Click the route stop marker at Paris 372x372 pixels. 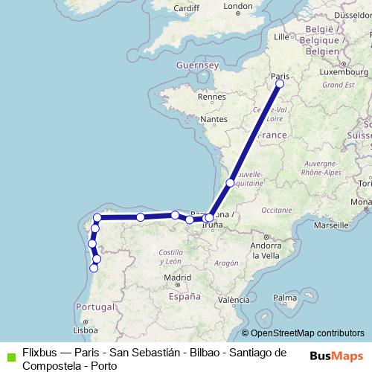pos(280,84)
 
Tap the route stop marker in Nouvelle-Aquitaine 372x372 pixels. pos(231,182)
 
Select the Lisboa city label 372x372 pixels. pos(86,330)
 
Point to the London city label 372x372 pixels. pos(238,7)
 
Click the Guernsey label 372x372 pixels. pos(196,65)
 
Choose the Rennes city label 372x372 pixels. pos(211,96)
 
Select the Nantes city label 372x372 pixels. pos(214,119)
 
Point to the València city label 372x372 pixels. pos(234,300)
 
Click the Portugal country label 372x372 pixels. pos(94,307)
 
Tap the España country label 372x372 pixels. pos(185,296)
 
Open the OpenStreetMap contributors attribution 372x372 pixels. pos(307,333)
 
